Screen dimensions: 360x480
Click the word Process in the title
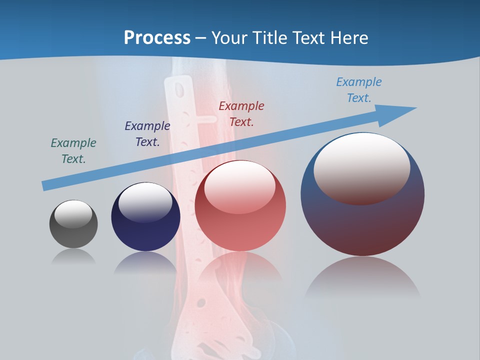[x=157, y=37]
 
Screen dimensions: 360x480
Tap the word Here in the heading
[x=348, y=37]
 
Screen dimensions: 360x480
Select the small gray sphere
[x=73, y=235]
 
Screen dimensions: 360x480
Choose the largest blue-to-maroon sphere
[x=362, y=225]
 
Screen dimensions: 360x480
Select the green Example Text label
[x=73, y=150]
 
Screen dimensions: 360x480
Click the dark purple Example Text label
[x=147, y=133]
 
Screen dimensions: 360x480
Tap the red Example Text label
[x=241, y=113]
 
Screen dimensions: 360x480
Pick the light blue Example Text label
[x=359, y=89]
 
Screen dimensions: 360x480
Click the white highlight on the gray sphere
[x=73, y=214]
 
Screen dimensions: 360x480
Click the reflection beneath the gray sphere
[x=73, y=257]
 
